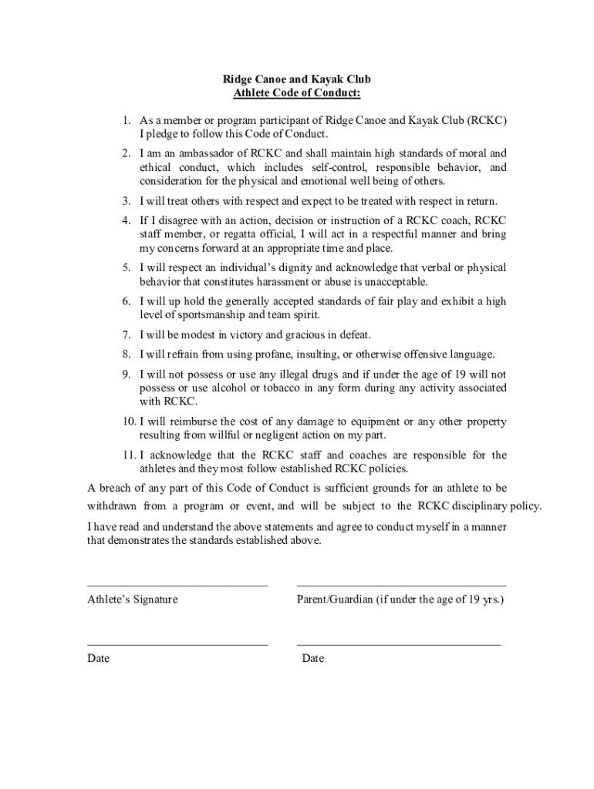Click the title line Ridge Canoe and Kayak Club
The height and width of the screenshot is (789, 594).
coord(297,79)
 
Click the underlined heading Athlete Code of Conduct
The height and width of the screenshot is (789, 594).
coord(297,93)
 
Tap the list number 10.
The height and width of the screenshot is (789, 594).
coord(128,421)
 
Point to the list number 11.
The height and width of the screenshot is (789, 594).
coord(128,455)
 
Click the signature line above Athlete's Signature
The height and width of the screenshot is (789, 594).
coord(177,586)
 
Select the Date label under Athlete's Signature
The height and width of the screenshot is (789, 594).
coord(98,659)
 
